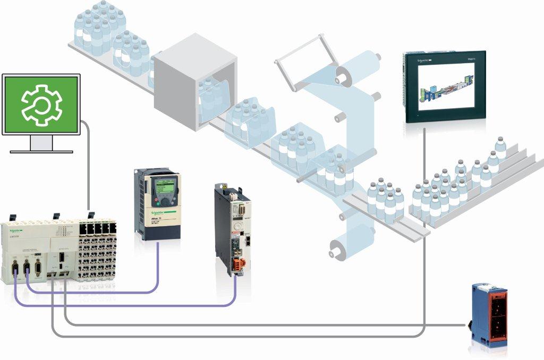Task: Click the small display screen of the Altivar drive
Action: [164, 186]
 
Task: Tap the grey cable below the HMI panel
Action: [424, 159]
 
